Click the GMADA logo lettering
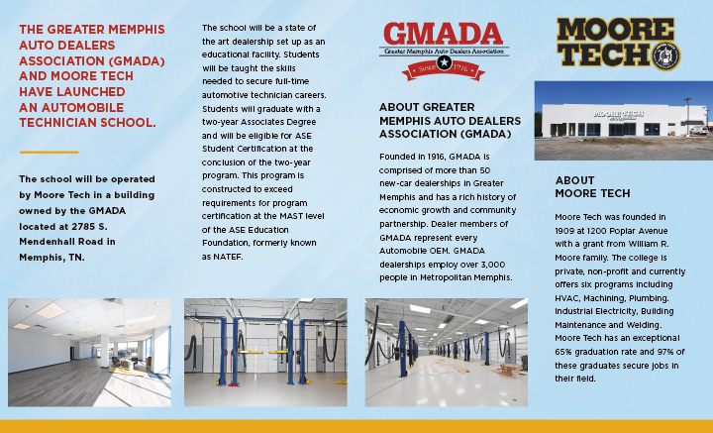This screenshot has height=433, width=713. [444, 34]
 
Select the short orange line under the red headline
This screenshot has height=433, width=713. [49, 152]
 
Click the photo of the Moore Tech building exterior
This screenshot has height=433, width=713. [623, 119]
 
